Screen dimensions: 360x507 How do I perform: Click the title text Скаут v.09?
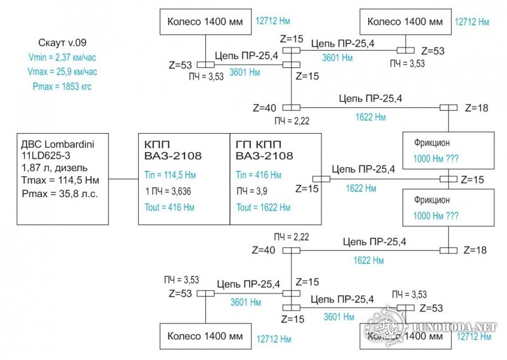tap(61, 43)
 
